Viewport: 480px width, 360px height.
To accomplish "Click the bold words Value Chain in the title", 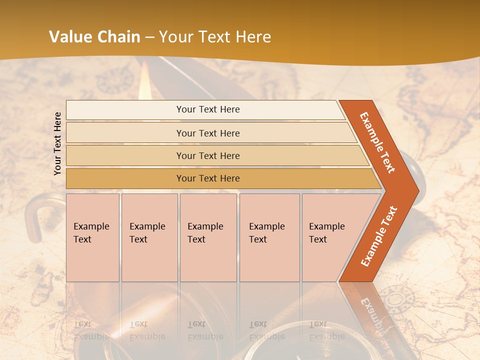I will (x=94, y=37).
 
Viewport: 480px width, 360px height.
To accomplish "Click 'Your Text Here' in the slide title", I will (x=215, y=37).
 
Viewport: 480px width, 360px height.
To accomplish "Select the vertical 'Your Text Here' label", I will (x=57, y=143).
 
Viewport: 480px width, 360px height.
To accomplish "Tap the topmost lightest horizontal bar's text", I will (x=208, y=109).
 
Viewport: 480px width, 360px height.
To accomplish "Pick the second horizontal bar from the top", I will (x=208, y=133).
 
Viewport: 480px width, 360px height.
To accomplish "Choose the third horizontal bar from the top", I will (x=208, y=156).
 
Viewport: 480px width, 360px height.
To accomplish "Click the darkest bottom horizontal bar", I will (x=208, y=178).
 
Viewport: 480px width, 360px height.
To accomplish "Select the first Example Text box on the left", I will (x=92, y=237).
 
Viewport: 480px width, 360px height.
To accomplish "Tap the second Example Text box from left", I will (x=149, y=237).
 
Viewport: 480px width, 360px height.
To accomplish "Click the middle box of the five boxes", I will (x=208, y=237).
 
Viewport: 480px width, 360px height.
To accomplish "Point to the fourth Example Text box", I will (x=269, y=237).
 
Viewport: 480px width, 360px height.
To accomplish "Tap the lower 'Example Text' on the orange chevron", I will (x=379, y=236).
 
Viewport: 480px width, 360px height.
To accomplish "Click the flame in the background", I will (x=144, y=80).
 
